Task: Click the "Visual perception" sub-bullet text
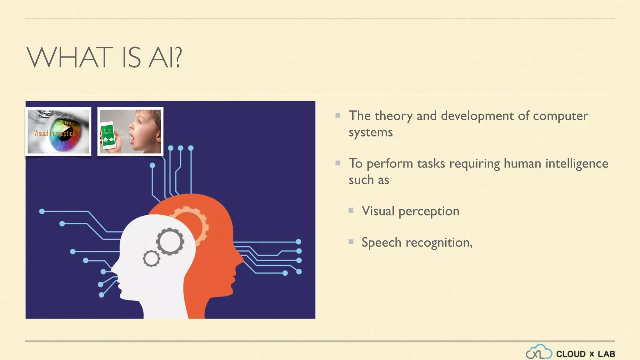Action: (x=410, y=211)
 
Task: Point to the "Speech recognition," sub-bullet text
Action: (x=417, y=242)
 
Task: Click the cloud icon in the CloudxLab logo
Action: (x=539, y=352)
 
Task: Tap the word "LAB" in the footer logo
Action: (x=606, y=354)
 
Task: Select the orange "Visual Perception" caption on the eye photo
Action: (x=55, y=133)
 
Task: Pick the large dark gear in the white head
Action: (x=170, y=241)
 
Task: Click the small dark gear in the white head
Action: (x=152, y=258)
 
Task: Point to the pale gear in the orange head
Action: (x=191, y=223)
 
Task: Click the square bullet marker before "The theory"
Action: (x=338, y=115)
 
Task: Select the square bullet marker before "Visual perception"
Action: (x=351, y=211)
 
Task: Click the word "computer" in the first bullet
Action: (x=560, y=116)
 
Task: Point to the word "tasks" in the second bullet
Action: (x=431, y=163)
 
